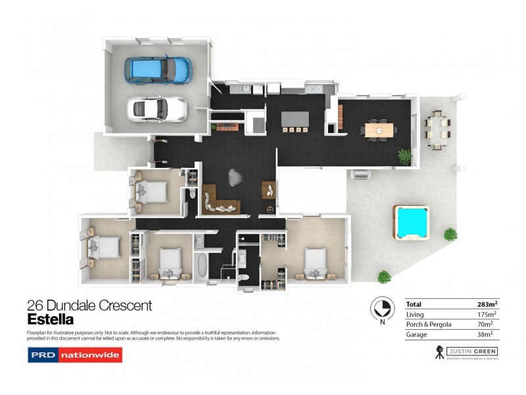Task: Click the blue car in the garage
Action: [159, 68]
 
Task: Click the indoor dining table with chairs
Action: [379, 130]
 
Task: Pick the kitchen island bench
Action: [295, 119]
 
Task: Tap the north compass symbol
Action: [380, 307]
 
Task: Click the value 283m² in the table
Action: [487, 304]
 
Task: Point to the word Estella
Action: [50, 320]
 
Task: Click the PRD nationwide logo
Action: [74, 356]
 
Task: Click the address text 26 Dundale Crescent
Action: [89, 305]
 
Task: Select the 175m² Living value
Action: [488, 315]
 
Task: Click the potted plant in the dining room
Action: [404, 156]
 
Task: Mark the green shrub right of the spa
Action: [450, 234]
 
